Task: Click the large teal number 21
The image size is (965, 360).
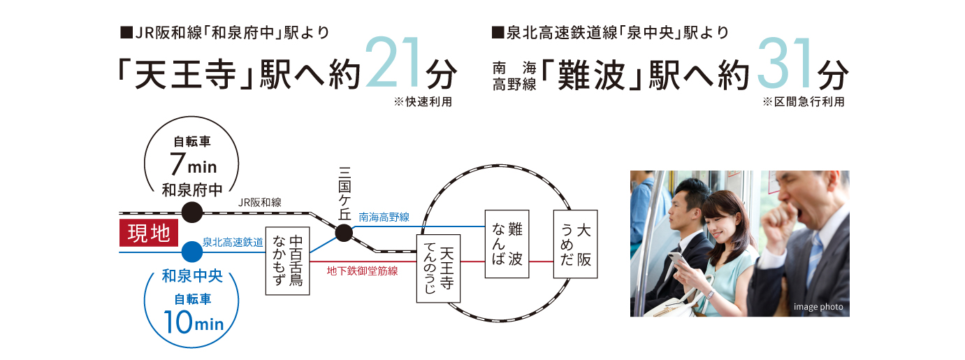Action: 393,63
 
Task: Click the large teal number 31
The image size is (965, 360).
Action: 785,63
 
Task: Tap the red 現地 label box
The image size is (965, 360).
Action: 149,233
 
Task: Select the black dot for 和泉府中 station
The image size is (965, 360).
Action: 192,213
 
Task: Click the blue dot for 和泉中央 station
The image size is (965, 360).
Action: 192,252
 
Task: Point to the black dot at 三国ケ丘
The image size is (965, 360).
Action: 344,233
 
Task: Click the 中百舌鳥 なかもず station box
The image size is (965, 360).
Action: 288,261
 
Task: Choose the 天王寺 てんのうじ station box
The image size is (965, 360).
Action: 439,268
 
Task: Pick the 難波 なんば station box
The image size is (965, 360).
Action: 507,244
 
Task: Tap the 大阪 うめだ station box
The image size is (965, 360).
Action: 576,244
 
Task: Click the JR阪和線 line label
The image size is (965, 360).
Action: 260,203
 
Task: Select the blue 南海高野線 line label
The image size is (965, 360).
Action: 384,217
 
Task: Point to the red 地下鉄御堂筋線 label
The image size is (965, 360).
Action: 362,271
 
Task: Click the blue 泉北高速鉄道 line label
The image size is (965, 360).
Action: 233,243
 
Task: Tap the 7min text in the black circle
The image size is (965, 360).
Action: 193,164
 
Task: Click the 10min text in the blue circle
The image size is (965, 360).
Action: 194,322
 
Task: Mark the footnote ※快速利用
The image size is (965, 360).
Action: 423,102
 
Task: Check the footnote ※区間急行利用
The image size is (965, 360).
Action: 804,102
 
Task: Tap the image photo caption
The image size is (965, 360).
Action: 818,307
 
